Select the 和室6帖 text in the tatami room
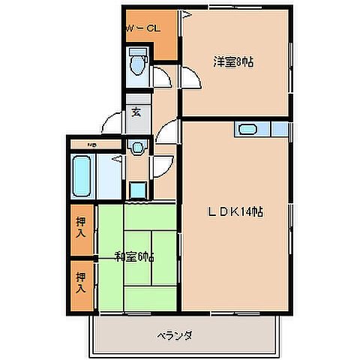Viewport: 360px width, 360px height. tap(135, 257)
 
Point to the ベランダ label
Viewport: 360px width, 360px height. tap(175, 335)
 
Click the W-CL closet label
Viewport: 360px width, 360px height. tap(142, 28)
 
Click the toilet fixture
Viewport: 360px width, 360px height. tap(137, 64)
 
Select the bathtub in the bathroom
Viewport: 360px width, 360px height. tap(82, 175)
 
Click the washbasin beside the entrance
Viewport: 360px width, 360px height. tap(136, 148)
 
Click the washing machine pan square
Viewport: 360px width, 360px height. tap(137, 189)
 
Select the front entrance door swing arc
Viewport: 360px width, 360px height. tap(112, 121)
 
